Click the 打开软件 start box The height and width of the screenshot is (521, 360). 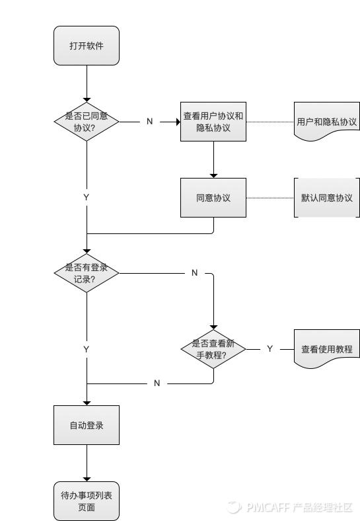87,46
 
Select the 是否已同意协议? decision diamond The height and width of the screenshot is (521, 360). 87,122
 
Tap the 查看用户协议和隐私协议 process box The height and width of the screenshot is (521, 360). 213,122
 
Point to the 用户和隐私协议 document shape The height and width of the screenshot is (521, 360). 326,122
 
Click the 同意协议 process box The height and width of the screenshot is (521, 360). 213,198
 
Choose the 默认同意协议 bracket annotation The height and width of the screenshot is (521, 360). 326,198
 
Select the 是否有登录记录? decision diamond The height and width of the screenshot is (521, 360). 87,273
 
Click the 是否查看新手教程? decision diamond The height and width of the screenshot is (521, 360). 213,348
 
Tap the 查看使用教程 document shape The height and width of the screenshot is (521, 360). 326,348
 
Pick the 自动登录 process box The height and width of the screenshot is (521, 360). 87,425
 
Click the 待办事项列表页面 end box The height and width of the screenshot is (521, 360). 87,501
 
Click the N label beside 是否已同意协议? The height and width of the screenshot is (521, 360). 149,122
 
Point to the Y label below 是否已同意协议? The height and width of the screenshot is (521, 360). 87,198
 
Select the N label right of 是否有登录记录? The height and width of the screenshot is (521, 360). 194,273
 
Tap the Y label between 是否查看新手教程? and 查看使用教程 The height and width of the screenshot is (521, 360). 270,348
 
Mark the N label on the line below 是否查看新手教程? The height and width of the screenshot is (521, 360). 157,383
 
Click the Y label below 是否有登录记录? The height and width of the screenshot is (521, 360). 87,348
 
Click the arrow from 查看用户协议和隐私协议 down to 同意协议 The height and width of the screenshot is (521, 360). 213,159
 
